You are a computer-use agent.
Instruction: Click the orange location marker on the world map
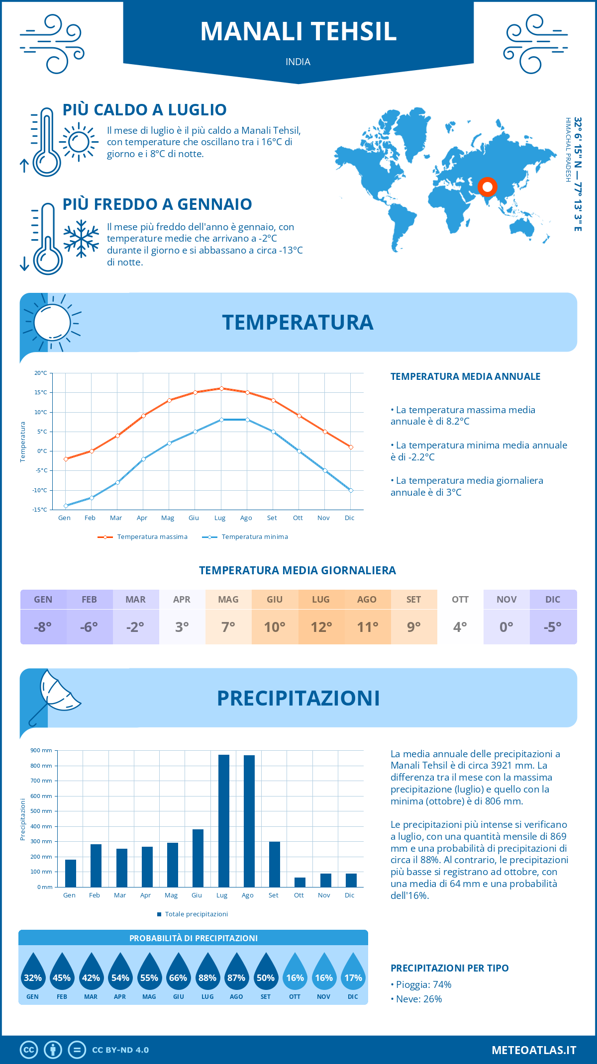tap(488, 187)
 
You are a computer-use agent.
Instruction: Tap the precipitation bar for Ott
tap(300, 882)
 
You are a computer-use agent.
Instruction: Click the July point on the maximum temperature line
tap(221, 388)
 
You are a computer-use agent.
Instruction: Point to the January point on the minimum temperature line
tap(66, 506)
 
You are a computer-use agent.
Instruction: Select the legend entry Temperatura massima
tap(143, 537)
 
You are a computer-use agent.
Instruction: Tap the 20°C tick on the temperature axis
tap(41, 373)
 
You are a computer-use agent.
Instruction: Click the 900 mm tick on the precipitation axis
tap(41, 750)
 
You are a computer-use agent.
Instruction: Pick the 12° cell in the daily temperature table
tap(321, 627)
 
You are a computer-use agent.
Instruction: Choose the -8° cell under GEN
tap(43, 627)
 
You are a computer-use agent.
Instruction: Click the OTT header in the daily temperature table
tap(460, 600)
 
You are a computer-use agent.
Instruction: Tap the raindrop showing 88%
tap(207, 975)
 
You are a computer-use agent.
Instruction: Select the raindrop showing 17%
tap(353, 975)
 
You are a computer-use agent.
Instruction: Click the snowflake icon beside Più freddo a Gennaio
tap(81, 239)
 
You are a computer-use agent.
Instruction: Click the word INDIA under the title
tap(298, 62)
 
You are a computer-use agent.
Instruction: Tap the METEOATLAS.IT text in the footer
tap(534, 1050)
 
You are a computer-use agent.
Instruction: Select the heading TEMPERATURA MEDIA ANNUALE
tap(465, 376)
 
